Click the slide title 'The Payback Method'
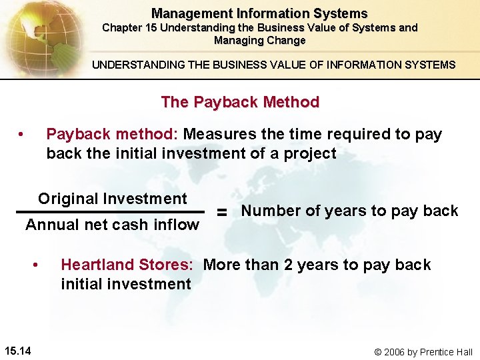(240, 102)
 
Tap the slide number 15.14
(21, 351)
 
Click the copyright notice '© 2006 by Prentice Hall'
(422, 351)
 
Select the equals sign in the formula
(223, 212)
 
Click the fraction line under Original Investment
(110, 213)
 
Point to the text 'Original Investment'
(113, 199)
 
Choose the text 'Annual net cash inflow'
(112, 225)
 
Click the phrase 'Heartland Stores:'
(127, 265)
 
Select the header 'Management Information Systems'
(259, 13)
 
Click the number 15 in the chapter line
(150, 28)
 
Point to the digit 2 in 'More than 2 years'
(288, 265)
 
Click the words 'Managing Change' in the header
(259, 41)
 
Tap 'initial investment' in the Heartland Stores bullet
(126, 284)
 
